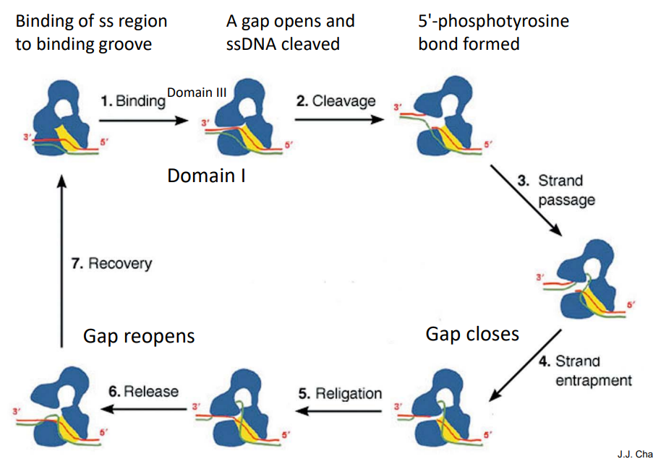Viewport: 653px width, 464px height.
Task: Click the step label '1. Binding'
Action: click(133, 100)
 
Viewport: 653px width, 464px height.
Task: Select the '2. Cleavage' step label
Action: click(336, 100)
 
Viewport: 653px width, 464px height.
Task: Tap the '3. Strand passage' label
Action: click(557, 189)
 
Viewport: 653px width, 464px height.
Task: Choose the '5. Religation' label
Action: click(340, 394)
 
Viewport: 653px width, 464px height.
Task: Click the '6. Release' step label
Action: click(144, 391)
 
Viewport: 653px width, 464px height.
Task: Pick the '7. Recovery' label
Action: click(111, 263)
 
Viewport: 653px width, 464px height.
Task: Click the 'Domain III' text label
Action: click(197, 93)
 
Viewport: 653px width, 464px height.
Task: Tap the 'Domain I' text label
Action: click(206, 175)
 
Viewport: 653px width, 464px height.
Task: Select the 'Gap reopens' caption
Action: click(139, 336)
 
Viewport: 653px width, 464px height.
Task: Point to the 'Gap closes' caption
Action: click(472, 334)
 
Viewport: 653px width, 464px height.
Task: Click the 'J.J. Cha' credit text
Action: click(633, 454)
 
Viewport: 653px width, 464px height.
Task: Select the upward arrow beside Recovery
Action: click(62, 260)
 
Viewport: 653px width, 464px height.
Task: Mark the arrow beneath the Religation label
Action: click(339, 411)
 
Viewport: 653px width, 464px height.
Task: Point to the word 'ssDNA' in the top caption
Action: click(250, 43)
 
